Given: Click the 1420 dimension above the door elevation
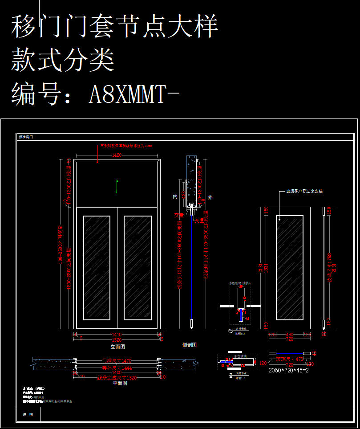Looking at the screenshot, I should coord(117,155).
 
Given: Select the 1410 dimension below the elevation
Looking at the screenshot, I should coord(117,334).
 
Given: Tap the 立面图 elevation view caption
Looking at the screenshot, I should coord(117,346).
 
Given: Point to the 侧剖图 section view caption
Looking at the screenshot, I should coord(190,344).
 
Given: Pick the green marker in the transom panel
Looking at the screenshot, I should coord(117,186).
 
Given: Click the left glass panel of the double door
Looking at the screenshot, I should coord(97,268).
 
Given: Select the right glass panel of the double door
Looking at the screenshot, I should coord(137,268).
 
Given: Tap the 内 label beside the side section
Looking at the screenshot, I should coord(175,196).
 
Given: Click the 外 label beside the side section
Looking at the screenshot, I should coord(210,196).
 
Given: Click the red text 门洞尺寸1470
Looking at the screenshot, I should coord(117,361).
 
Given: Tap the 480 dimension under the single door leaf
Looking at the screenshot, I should coord(290,334).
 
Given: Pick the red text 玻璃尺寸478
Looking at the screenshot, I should coord(290,358).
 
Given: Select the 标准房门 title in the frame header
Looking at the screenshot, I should coord(25,137).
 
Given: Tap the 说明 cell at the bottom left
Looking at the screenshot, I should coord(28,414).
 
